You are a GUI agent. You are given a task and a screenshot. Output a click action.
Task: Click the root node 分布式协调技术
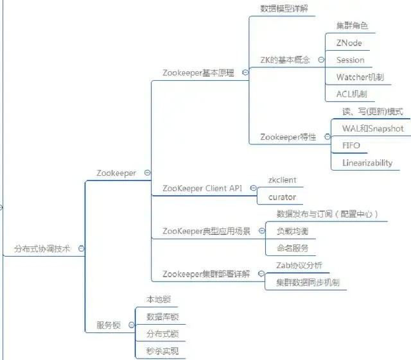[42, 248]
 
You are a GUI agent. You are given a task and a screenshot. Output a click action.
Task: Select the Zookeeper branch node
[116, 173]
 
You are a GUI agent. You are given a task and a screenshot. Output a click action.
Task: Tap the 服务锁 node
[109, 325]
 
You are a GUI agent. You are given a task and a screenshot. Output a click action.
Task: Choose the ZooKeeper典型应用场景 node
[206, 231]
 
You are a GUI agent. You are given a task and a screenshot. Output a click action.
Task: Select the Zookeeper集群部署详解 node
[206, 274]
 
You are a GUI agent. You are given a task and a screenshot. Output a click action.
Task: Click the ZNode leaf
[349, 43]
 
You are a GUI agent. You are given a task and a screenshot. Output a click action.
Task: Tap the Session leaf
[350, 60]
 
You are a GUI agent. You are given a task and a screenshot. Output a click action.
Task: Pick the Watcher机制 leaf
[360, 78]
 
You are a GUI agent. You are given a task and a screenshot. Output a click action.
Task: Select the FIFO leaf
[351, 146]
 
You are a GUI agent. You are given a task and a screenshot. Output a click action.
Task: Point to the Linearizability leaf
[367, 163]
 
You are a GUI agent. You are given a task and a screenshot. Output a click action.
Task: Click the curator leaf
[281, 197]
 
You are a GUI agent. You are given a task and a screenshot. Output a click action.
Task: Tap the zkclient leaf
[282, 180]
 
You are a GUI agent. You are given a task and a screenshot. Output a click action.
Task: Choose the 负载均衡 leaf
[292, 231]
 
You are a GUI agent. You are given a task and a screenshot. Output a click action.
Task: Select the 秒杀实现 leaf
[162, 350]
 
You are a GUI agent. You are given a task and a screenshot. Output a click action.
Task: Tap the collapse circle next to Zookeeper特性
[323, 137]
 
